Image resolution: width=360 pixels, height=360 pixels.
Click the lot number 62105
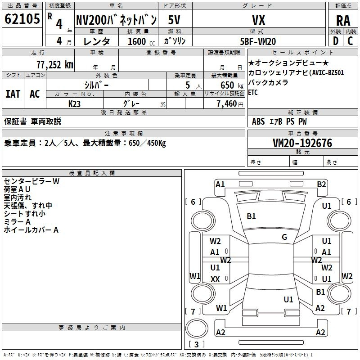click(22, 19)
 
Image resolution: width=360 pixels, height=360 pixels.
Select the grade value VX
click(259, 20)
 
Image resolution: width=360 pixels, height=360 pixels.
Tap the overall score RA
click(343, 21)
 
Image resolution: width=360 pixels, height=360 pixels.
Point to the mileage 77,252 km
click(55, 65)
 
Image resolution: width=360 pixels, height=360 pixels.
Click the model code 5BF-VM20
click(258, 41)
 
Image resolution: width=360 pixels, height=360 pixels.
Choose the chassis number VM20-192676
click(302, 143)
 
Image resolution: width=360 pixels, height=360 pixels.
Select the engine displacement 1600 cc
click(141, 41)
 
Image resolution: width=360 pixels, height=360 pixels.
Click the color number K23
click(74, 104)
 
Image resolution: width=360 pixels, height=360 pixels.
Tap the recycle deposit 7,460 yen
click(230, 104)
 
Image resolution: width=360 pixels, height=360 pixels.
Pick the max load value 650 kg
click(232, 85)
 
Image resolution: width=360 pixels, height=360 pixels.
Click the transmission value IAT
click(13, 94)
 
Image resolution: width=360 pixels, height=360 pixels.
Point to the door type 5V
click(174, 20)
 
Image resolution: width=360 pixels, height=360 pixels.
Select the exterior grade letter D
click(336, 41)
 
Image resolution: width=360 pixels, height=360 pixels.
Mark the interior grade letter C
click(350, 41)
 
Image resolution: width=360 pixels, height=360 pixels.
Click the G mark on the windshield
click(284, 237)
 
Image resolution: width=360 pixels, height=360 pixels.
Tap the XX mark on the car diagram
click(215, 279)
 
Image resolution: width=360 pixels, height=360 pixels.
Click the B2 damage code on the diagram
click(321, 184)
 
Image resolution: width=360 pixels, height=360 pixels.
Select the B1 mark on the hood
click(251, 216)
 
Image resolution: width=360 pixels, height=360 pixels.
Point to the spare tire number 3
click(196, 344)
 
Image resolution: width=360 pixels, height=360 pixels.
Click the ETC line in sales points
click(253, 92)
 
